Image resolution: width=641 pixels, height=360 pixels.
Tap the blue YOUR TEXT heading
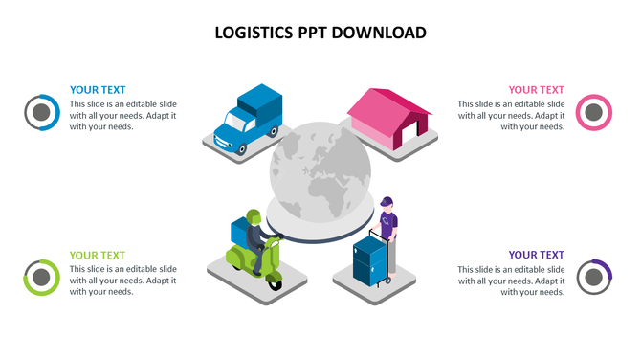[98, 90]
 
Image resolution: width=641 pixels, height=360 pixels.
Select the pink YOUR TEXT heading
[536, 90]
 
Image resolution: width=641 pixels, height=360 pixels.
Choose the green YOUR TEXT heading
[98, 255]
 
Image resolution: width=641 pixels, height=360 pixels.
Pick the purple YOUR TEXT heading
[536, 255]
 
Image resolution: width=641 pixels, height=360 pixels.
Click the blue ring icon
[41, 112]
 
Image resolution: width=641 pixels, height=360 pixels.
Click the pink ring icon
[593, 112]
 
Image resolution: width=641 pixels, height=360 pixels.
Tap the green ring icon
[41, 277]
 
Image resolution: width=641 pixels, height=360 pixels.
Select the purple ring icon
[593, 277]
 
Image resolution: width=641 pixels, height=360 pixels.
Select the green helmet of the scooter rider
[254, 215]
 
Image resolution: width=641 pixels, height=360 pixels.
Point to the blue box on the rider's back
[239, 231]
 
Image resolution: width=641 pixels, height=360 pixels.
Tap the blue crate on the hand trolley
[368, 260]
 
